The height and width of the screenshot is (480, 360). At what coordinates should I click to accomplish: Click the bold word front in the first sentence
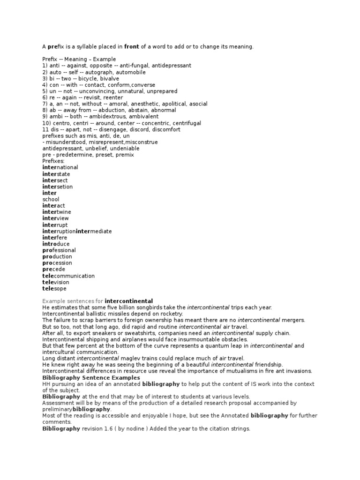132,47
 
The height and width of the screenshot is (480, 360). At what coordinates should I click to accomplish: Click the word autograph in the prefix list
94,72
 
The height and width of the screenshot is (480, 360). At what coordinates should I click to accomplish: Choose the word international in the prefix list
60,167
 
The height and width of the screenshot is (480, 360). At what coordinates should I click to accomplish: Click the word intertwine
57,212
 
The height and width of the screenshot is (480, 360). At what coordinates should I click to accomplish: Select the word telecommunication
68,276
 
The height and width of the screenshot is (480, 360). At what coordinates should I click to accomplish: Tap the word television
55,282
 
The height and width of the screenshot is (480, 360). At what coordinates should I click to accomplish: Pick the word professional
59,250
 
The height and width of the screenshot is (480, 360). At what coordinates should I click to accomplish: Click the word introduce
56,244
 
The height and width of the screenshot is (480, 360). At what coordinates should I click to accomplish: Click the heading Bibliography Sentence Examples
91,377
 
